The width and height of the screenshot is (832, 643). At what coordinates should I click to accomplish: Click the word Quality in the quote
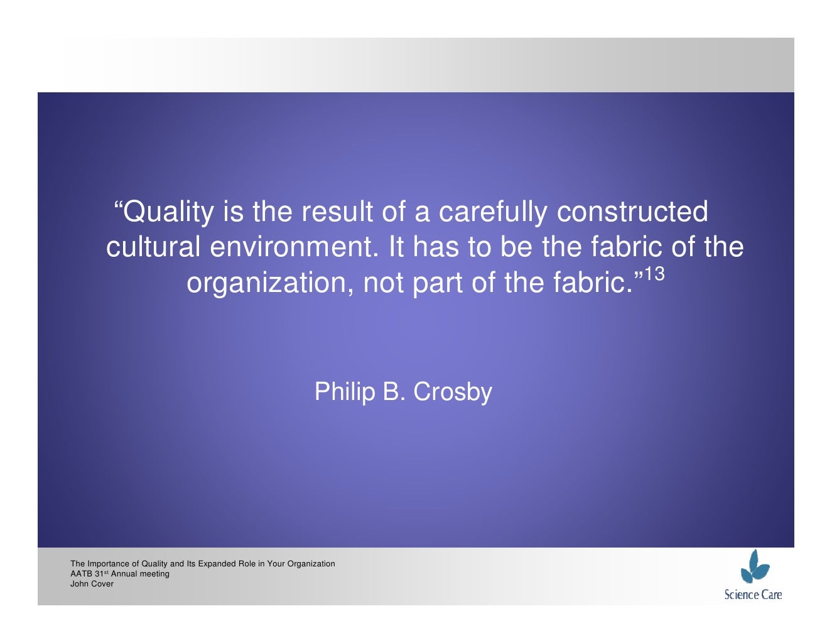point(168,212)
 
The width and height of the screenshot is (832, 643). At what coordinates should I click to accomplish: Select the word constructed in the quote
point(632,212)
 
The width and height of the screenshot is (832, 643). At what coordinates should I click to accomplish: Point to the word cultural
point(153,247)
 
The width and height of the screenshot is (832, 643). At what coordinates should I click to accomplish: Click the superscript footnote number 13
point(654,275)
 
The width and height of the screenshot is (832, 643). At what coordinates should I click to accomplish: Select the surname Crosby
point(452,392)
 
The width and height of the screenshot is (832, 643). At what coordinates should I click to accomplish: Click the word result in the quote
point(337,212)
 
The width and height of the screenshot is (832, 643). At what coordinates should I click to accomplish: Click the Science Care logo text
point(753,595)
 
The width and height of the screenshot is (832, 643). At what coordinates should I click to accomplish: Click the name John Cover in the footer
point(92,584)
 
